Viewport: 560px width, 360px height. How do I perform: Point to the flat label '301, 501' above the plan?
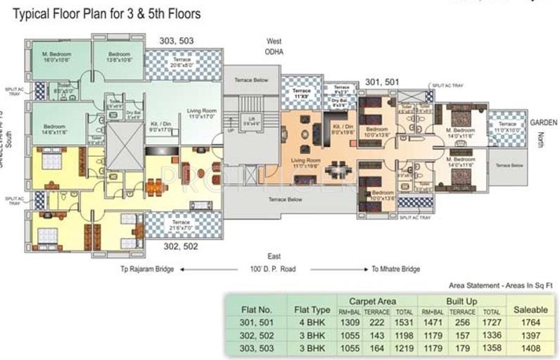click(x=382, y=82)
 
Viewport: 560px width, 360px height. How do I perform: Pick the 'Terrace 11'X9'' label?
click(x=301, y=93)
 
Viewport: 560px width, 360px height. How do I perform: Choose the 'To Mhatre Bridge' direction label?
click(x=395, y=269)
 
